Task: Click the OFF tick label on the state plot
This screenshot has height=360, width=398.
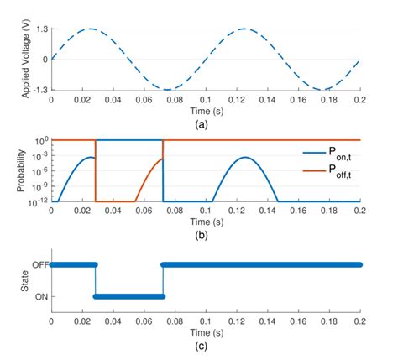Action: tap(38, 265)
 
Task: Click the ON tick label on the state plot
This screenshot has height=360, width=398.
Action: tap(39, 296)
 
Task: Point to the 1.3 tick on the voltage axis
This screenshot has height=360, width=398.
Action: tap(40, 29)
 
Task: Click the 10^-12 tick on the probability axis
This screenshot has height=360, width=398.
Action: tap(36, 202)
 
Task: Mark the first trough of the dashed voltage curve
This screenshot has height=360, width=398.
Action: tap(167, 89)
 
